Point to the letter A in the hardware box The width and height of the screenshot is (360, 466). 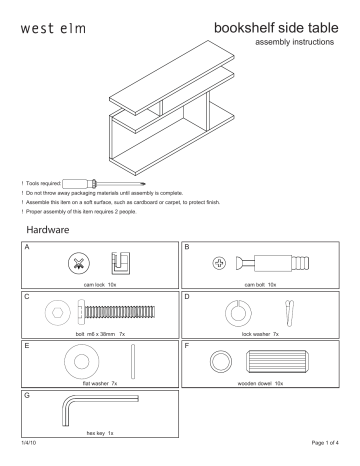tap(27, 246)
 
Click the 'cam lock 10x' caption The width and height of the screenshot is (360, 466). tap(99, 283)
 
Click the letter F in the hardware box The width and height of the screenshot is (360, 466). tap(187, 345)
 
